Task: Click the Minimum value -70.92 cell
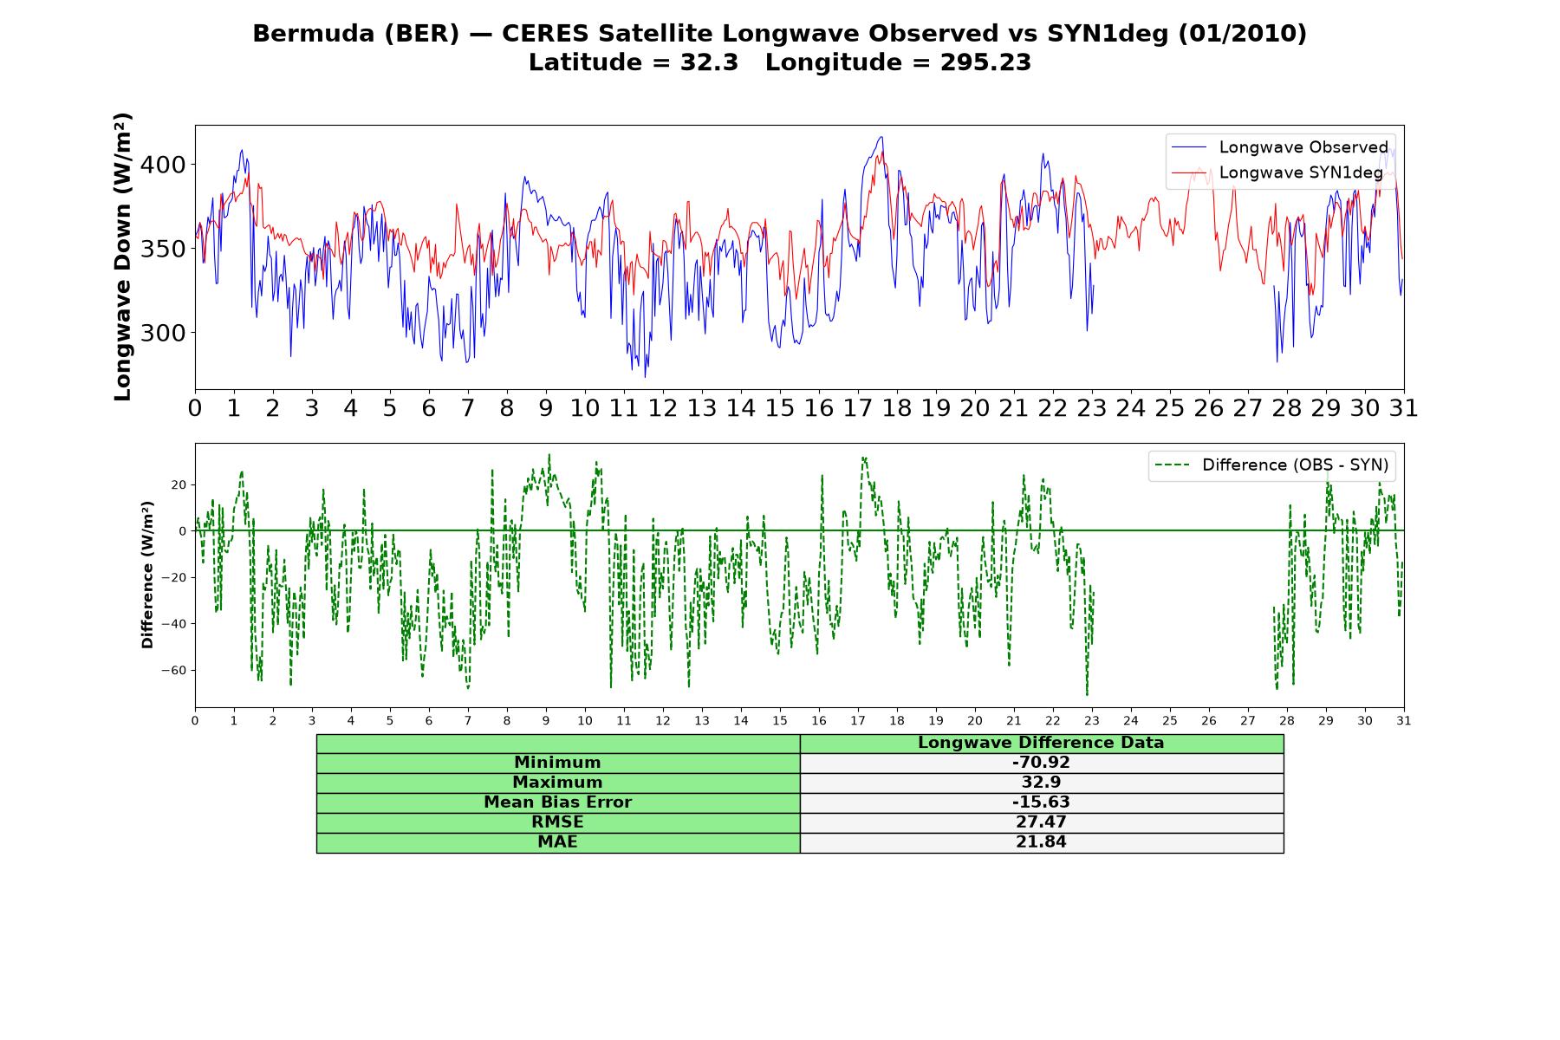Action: click(1041, 763)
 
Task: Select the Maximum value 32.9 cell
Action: click(1041, 783)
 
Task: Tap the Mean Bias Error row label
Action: click(557, 803)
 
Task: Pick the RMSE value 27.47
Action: click(1041, 822)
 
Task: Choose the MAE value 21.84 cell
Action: click(1041, 842)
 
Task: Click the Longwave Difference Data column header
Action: click(1041, 743)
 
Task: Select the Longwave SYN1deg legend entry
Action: click(1277, 172)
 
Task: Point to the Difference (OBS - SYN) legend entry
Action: click(1271, 465)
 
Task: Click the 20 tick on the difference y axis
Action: click(179, 484)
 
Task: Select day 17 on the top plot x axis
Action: click(858, 408)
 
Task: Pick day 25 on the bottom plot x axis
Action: click(1170, 720)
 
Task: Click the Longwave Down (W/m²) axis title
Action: click(123, 257)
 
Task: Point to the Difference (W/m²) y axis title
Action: click(147, 575)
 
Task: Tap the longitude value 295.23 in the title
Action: click(985, 62)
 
